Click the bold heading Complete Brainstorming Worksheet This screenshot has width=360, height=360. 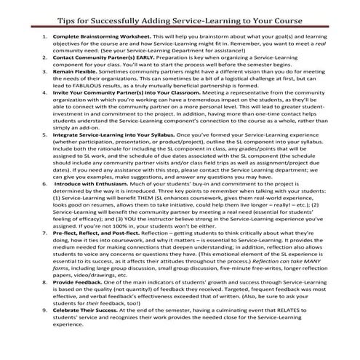pyautogui.click(x=102, y=35)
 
